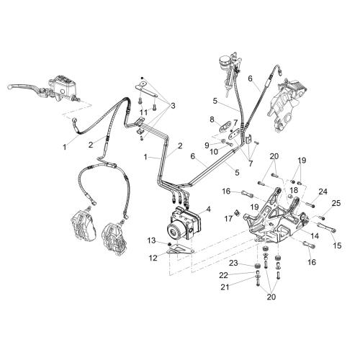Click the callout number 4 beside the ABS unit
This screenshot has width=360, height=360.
click(208, 209)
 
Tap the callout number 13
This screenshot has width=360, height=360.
click(152, 240)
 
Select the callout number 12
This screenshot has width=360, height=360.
click(153, 258)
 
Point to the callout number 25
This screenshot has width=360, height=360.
click(336, 203)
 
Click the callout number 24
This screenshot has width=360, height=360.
click(323, 192)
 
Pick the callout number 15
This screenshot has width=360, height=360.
click(337, 246)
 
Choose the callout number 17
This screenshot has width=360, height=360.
click(228, 218)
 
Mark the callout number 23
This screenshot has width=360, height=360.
click(233, 263)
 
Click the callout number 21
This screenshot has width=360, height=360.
click(225, 287)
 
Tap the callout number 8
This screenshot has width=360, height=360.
click(212, 120)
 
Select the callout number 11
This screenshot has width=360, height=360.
click(143, 112)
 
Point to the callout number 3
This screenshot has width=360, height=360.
click(173, 106)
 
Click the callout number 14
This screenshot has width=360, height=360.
click(315, 236)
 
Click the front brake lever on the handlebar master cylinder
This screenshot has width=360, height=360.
click(23, 86)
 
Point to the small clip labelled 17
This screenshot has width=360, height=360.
click(236, 212)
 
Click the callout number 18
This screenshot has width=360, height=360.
click(294, 190)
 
